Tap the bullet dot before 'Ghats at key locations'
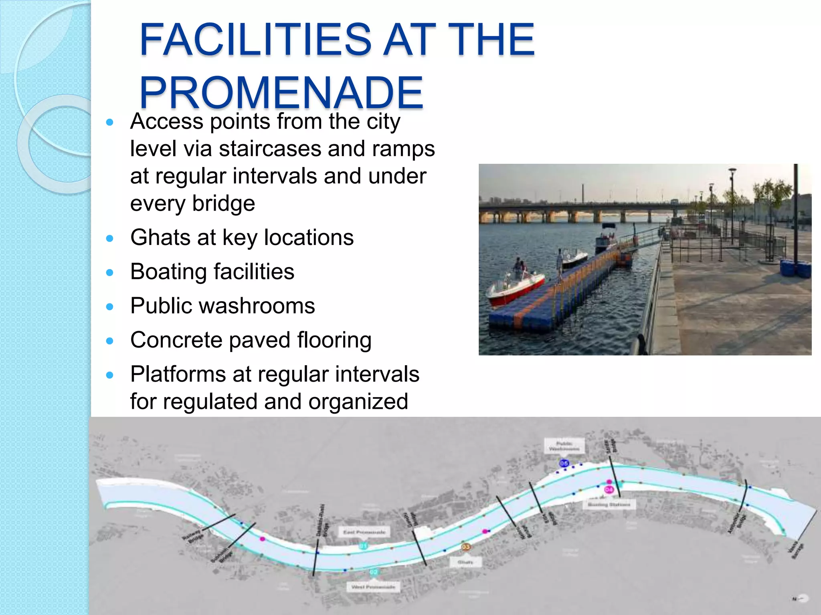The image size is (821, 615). pyautogui.click(x=110, y=239)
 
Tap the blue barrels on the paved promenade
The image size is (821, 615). pyautogui.click(x=795, y=268)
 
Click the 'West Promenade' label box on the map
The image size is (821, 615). pyautogui.click(x=373, y=587)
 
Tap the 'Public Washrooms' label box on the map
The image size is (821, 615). pyautogui.click(x=564, y=446)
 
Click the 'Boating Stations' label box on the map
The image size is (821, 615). pyautogui.click(x=609, y=504)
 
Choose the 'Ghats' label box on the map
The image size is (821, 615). pyautogui.click(x=465, y=562)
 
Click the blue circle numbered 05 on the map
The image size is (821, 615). pyautogui.click(x=564, y=463)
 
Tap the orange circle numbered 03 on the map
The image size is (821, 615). pyautogui.click(x=465, y=547)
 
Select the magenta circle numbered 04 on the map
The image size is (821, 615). pyautogui.click(x=609, y=489)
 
